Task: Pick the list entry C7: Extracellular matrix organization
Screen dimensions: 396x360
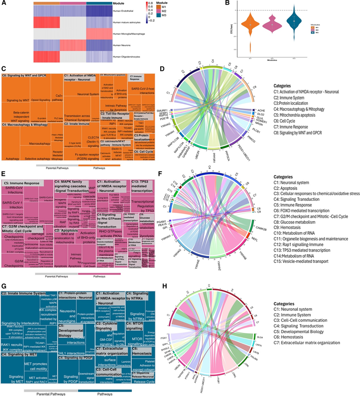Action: pyautogui.click(x=310, y=342)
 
